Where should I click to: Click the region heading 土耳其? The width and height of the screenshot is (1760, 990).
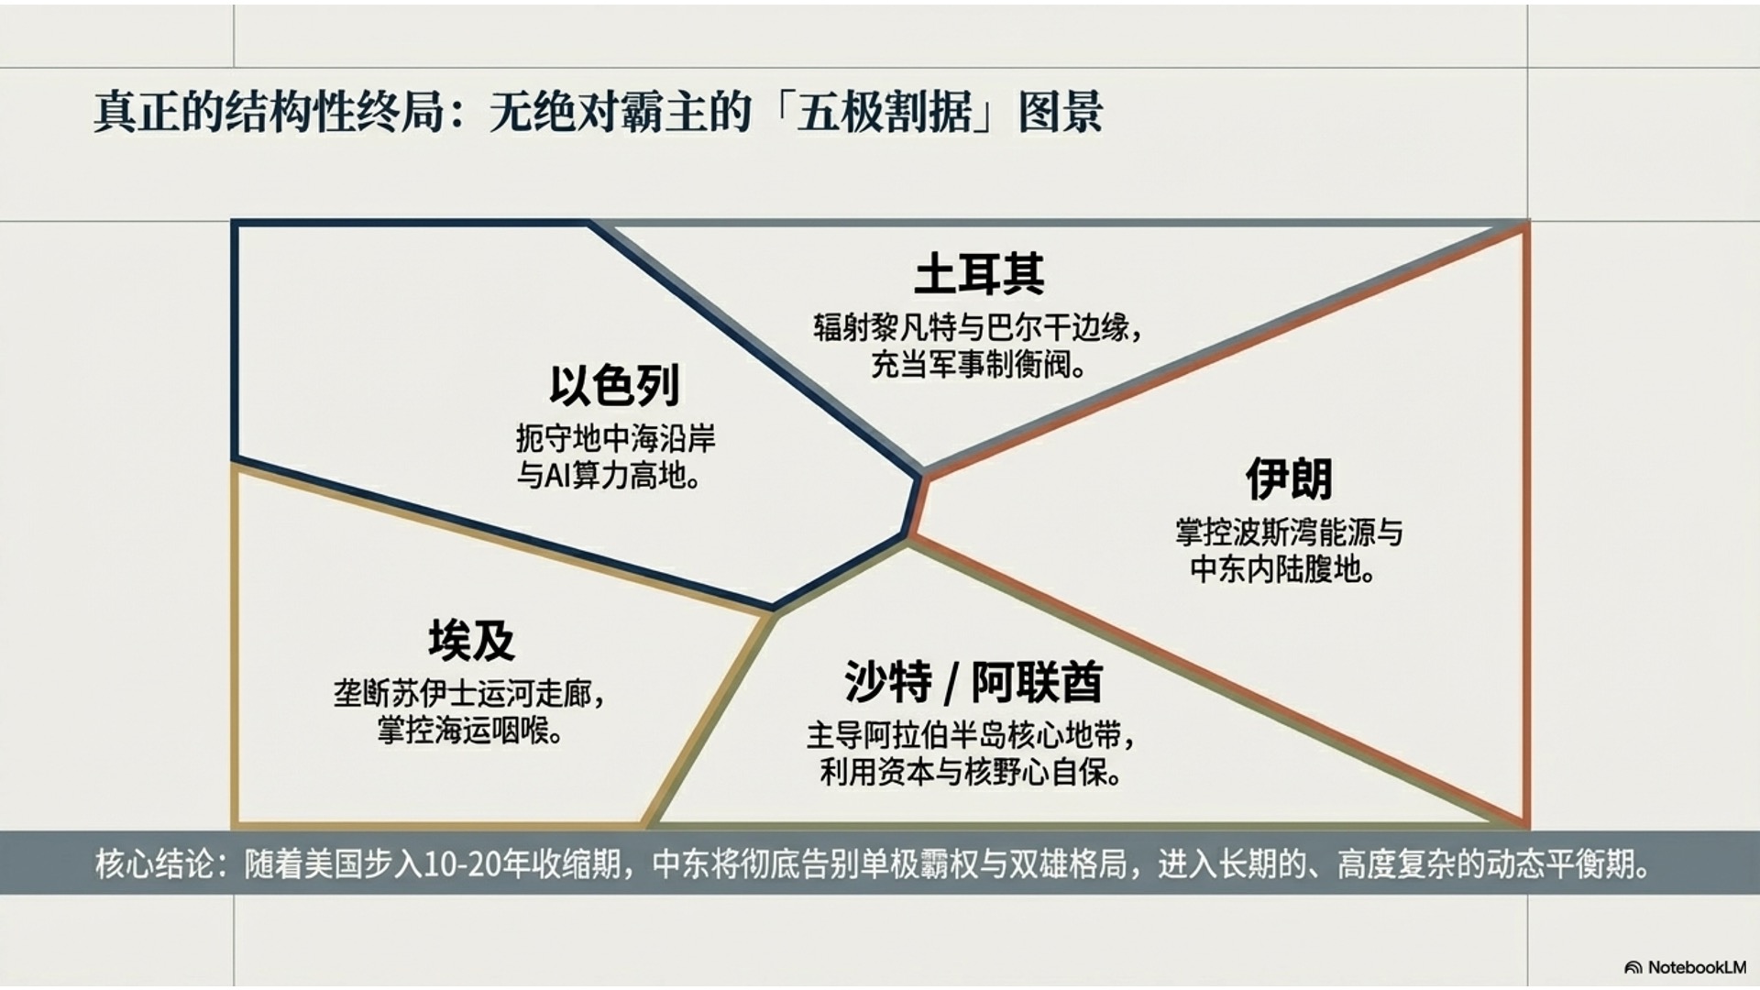[x=979, y=274]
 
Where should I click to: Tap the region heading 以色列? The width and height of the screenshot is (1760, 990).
[x=614, y=385]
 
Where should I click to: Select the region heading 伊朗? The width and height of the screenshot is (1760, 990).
[x=1289, y=478]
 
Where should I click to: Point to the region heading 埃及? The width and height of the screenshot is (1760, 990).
[x=471, y=640]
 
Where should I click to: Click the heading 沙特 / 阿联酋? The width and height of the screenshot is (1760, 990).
[x=973, y=681]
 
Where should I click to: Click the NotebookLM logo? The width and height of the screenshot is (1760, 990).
[x=1686, y=967]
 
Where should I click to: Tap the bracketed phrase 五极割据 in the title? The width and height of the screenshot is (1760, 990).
[x=884, y=112]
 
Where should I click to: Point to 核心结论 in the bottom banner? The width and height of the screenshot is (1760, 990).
[x=154, y=864]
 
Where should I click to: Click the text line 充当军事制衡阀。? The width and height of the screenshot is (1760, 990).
[x=979, y=364]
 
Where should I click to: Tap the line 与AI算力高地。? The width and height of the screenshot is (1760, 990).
[x=610, y=475]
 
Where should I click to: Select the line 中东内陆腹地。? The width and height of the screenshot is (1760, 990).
[x=1283, y=569]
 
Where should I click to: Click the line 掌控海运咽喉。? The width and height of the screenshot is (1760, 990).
[x=470, y=731]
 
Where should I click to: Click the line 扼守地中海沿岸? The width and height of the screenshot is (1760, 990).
[x=615, y=438]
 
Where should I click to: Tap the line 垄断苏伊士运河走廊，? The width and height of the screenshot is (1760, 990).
[x=470, y=693]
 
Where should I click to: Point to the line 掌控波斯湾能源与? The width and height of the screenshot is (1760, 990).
[x=1289, y=532]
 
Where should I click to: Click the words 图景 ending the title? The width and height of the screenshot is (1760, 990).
[x=1061, y=112]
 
